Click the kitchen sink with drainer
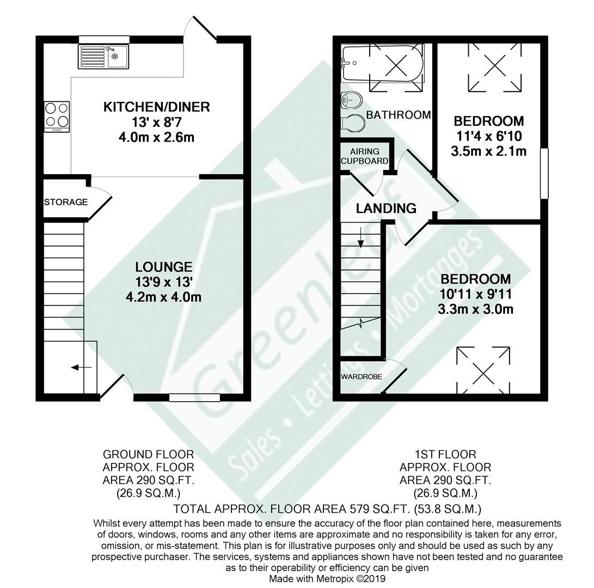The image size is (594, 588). (103, 57)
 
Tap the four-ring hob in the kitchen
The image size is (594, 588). (57, 117)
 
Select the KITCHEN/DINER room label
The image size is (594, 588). (156, 107)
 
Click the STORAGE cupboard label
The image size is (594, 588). (66, 202)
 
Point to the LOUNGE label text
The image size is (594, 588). (164, 267)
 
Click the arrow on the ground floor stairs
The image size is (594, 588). (81, 367)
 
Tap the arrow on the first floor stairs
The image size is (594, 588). (360, 237)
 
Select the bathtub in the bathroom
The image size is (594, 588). (382, 63)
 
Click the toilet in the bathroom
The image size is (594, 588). (353, 123)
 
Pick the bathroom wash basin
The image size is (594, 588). (352, 100)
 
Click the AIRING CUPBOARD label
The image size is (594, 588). (364, 156)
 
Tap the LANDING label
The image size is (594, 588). (386, 209)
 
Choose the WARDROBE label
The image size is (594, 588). (362, 377)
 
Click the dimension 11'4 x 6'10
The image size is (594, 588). (489, 136)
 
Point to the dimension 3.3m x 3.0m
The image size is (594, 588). (475, 309)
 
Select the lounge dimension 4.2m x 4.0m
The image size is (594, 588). (164, 297)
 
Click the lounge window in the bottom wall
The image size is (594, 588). (195, 397)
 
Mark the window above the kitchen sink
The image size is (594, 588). (104, 39)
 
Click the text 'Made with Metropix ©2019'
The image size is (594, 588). (327, 579)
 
